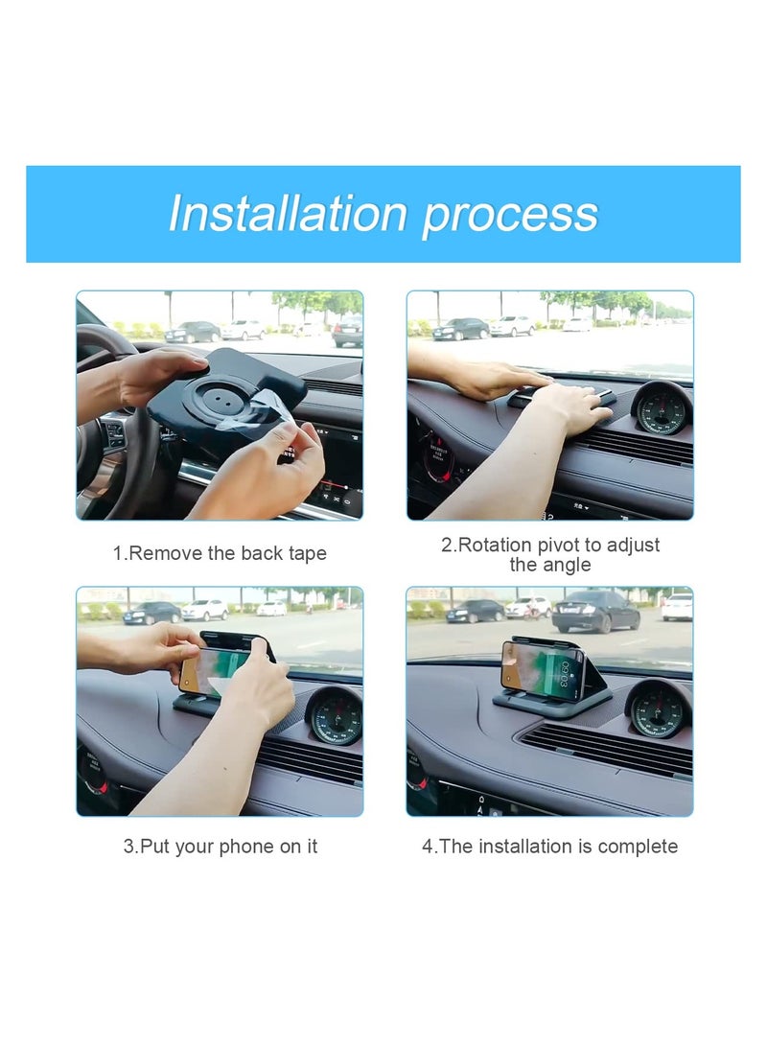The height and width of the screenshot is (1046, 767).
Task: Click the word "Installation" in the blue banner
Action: [289, 213]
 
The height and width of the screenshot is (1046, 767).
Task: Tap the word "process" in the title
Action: [510, 215]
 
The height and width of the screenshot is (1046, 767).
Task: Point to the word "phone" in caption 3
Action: [243, 847]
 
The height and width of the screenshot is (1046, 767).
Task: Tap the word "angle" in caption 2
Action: [566, 565]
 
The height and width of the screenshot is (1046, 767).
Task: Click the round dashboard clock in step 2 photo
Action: [662, 409]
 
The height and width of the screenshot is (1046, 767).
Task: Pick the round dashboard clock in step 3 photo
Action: [335, 713]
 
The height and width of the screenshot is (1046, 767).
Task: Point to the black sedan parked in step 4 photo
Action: [594, 611]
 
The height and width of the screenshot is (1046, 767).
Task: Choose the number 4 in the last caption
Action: [428, 847]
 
